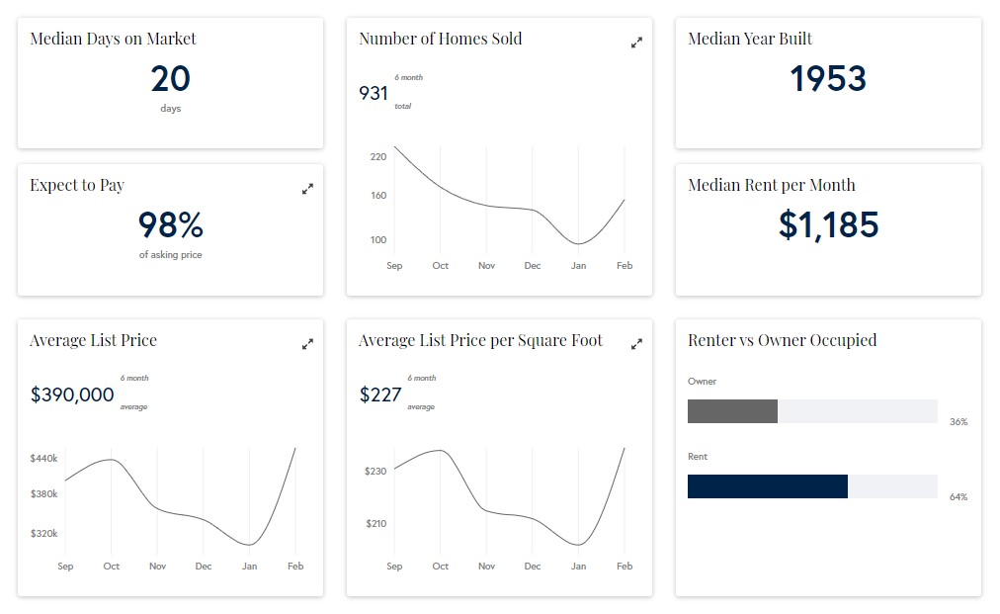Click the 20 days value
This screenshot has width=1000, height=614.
tap(170, 79)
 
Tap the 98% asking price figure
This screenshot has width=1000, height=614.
tap(170, 225)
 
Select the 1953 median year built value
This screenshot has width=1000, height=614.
tap(828, 79)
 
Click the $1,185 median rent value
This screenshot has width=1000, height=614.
tap(828, 225)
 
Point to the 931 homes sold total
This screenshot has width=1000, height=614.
tap(374, 93)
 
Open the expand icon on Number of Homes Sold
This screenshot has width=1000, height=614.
tap(636, 43)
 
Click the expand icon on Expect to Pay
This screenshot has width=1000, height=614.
tap(307, 189)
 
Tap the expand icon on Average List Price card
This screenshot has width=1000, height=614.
tap(307, 344)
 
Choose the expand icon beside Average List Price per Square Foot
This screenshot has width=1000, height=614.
tap(636, 344)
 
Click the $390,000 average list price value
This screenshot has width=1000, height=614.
tap(72, 395)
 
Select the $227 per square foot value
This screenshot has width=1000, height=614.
tap(380, 395)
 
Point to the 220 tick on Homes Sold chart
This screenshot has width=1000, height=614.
tap(378, 157)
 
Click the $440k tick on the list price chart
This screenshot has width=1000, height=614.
tap(43, 459)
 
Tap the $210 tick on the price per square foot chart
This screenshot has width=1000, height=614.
tap(375, 523)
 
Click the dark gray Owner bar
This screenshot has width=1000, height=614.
tap(732, 411)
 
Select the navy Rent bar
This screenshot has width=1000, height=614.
tap(767, 486)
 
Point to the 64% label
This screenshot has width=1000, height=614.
tap(958, 497)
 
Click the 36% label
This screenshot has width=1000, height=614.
tap(958, 422)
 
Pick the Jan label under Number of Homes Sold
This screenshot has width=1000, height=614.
tap(578, 266)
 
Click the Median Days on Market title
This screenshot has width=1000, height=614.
tap(113, 39)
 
